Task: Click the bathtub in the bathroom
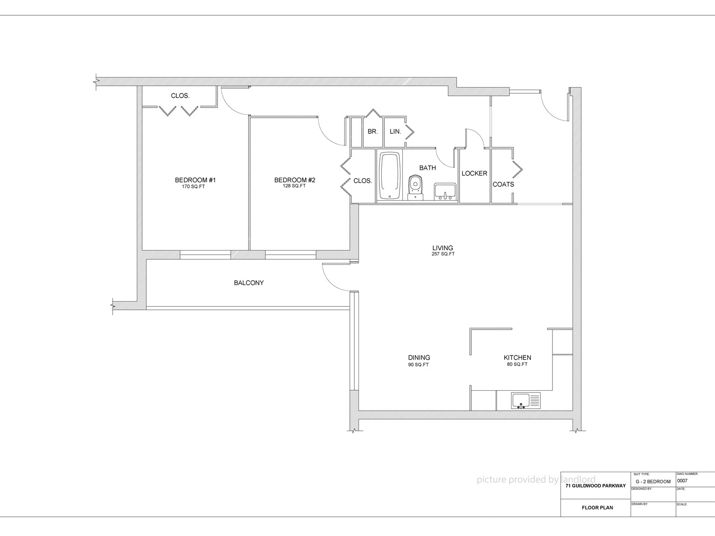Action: [389, 176]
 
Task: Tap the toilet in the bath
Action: [415, 188]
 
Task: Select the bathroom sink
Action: [445, 192]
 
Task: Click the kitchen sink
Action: [526, 401]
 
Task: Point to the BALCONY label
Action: [249, 283]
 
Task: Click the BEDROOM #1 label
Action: [195, 180]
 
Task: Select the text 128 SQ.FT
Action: [294, 186]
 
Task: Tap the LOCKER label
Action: [474, 173]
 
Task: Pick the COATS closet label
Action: [503, 184]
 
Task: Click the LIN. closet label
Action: [396, 132]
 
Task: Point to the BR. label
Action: [373, 131]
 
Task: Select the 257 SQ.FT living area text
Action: [443, 254]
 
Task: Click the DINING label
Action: [419, 357]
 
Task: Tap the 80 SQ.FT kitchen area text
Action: [517, 364]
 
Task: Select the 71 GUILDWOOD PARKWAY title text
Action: [596, 486]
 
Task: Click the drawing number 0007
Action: [683, 481]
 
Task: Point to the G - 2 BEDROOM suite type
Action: [653, 482]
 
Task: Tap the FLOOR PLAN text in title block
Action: [597, 508]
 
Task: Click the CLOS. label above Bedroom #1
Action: [180, 96]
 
